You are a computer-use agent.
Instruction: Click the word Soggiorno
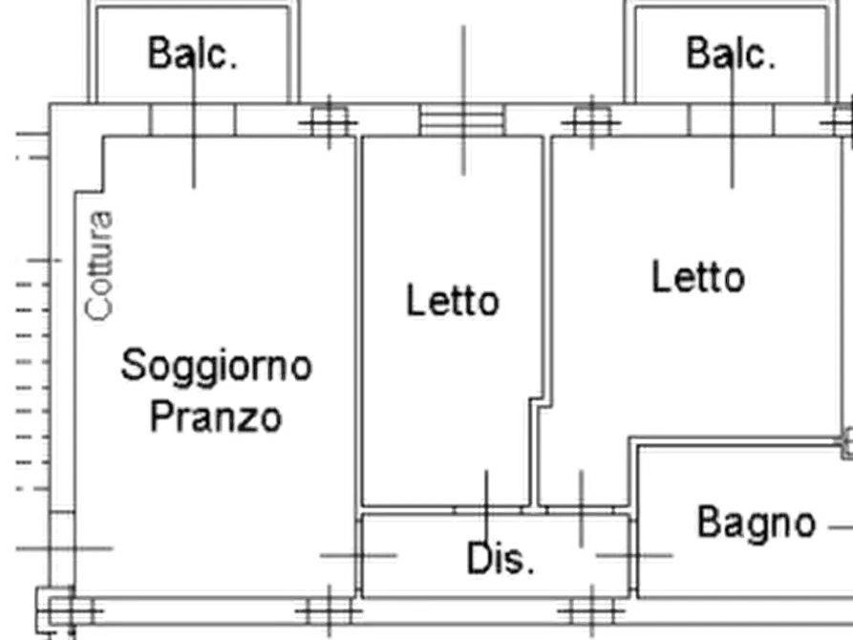click(217, 366)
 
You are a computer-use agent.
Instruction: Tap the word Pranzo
click(217, 417)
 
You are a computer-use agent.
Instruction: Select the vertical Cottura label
click(102, 262)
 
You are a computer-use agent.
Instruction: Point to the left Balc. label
click(191, 53)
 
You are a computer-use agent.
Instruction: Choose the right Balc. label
click(730, 53)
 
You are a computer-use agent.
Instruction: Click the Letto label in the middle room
click(452, 301)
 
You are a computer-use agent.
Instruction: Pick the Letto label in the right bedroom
click(702, 277)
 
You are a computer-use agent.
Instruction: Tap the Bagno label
click(757, 523)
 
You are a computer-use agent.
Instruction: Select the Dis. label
click(500, 560)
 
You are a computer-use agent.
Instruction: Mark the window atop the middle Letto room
click(462, 120)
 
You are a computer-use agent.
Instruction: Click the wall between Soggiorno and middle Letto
click(358, 315)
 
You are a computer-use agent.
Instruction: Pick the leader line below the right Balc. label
click(733, 143)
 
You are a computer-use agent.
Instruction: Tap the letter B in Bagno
click(708, 523)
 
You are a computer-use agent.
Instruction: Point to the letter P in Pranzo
click(163, 417)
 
